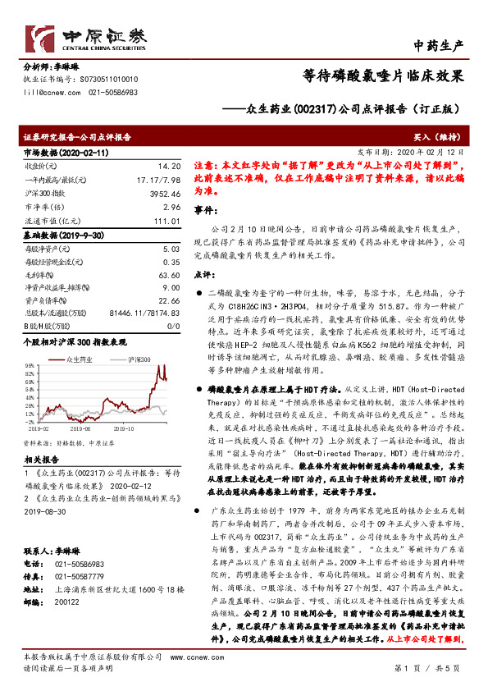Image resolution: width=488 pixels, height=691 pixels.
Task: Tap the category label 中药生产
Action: tap(440, 44)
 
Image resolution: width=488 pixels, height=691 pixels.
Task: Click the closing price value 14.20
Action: tap(168, 166)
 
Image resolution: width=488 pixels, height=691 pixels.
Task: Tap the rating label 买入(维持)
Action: tap(445, 140)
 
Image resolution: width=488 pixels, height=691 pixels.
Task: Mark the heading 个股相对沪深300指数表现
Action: tap(75, 338)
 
